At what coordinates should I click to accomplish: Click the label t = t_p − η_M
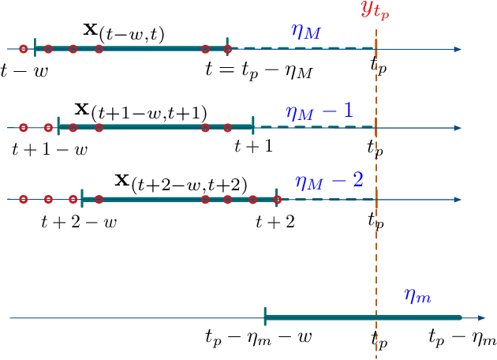258,70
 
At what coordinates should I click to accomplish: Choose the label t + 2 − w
78,222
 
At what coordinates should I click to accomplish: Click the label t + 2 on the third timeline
275,222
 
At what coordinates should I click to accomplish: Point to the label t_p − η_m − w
258,339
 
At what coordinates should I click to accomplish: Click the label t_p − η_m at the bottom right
462,339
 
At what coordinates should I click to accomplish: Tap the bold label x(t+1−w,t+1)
140,110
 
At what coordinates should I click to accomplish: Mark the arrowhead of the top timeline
457,49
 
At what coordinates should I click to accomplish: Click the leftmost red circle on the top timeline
23,49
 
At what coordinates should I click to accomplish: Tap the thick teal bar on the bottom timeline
362,318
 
